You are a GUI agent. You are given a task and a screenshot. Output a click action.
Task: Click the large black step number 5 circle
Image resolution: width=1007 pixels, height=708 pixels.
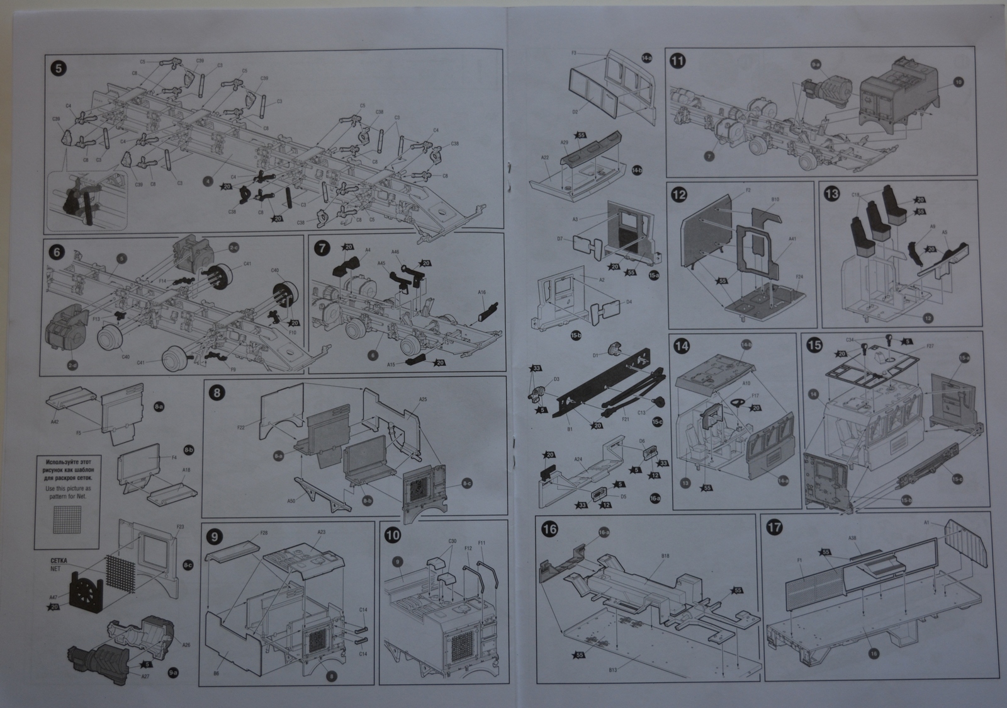tap(59, 68)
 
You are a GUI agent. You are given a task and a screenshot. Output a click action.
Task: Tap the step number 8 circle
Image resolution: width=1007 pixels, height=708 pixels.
tap(218, 392)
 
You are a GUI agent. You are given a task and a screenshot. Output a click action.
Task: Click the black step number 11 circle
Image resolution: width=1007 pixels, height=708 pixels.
tap(678, 61)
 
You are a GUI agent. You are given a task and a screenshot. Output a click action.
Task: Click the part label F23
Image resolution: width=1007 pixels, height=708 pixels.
tap(181, 527)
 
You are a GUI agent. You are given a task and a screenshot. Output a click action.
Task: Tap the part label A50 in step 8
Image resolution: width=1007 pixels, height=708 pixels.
tap(290, 501)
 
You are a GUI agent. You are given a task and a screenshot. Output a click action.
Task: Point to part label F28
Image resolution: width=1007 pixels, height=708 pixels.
tap(264, 534)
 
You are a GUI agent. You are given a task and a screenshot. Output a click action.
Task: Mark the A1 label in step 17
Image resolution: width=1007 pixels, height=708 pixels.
tap(926, 523)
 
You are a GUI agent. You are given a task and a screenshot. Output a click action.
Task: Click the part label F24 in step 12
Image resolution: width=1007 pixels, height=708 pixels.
tap(799, 277)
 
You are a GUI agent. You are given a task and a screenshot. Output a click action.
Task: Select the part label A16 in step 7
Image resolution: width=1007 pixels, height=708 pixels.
tap(481, 293)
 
